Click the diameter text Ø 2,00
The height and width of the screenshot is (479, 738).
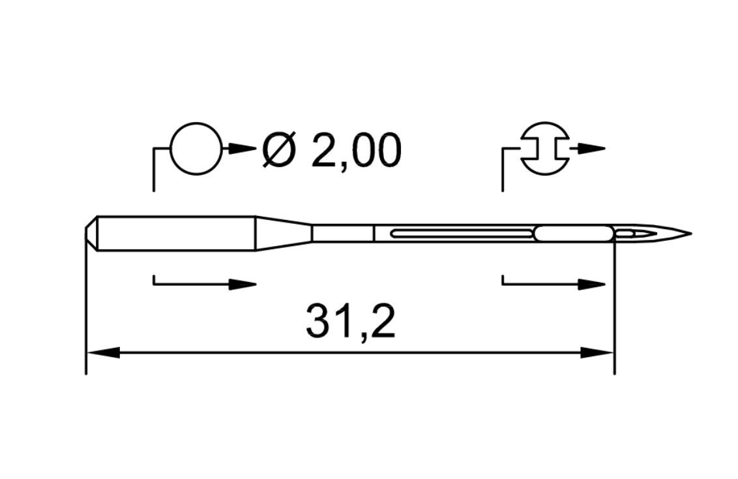pos(331,150)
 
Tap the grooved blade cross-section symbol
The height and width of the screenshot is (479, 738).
pos(545,148)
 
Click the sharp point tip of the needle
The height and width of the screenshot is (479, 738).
pos(688,233)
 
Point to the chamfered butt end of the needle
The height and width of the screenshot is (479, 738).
pos(91,233)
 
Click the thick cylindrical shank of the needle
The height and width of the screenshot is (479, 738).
pos(176,233)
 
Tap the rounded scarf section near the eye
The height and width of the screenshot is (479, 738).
pos(574,233)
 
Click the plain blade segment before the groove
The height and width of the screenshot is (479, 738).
pos(342,233)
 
